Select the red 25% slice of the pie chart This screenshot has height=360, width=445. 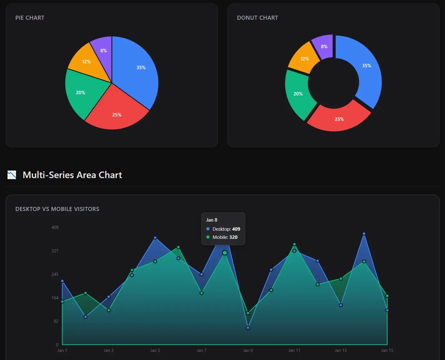(116, 113)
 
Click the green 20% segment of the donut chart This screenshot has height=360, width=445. (298, 94)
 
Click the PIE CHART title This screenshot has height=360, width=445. (30, 18)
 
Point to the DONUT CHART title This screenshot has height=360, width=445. (257, 18)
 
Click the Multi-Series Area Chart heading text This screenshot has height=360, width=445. (72, 175)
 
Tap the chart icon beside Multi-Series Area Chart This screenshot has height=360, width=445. (12, 175)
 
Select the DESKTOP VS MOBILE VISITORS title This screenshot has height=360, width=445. (57, 209)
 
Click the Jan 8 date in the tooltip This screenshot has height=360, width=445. (212, 220)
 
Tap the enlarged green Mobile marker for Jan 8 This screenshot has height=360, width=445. (225, 253)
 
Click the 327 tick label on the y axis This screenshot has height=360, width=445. (55, 251)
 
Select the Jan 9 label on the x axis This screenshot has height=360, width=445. (248, 350)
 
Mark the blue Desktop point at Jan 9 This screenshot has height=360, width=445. (248, 328)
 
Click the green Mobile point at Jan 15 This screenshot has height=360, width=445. (387, 296)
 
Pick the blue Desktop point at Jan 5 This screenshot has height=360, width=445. (155, 238)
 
